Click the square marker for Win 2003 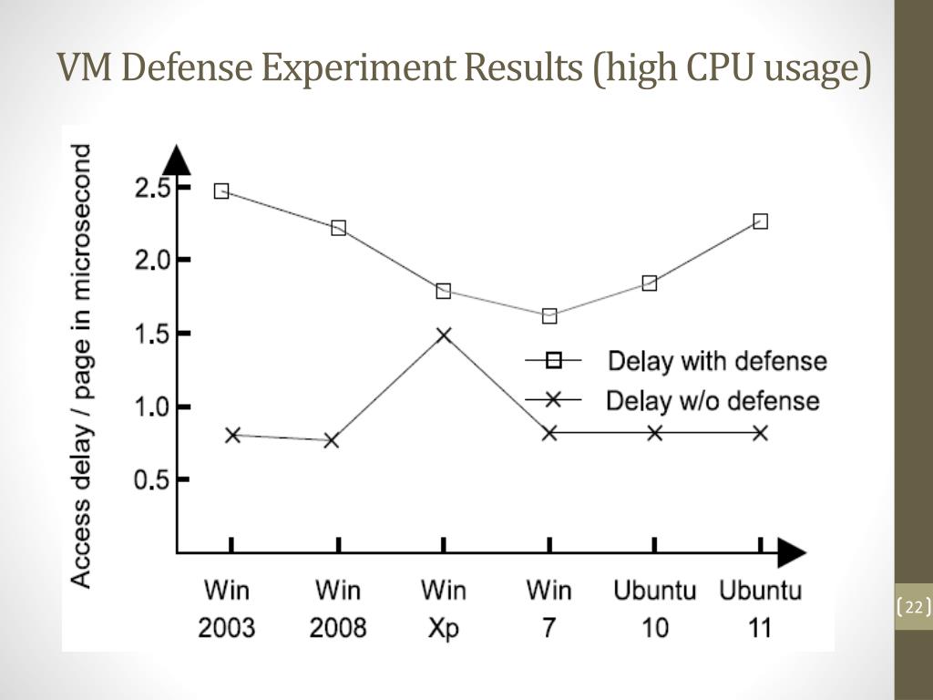[221, 191]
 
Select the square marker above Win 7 [549, 316]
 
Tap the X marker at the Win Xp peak [444, 335]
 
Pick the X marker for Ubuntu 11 [761, 433]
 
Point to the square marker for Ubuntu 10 [650, 283]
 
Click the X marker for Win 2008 [332, 440]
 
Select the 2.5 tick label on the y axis [152, 189]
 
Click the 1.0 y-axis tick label [152, 407]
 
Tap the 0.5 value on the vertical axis [152, 479]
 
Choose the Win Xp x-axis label [444, 608]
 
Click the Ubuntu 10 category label [654, 608]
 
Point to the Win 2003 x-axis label [227, 608]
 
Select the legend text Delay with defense [717, 361]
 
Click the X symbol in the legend [552, 399]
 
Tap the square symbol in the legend [553, 361]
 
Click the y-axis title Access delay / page [82, 365]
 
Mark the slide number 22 [914, 608]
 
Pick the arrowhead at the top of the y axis [177, 160]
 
